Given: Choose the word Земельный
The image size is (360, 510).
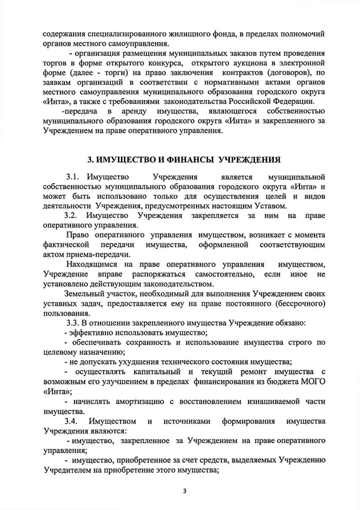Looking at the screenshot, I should (x=83, y=293).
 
